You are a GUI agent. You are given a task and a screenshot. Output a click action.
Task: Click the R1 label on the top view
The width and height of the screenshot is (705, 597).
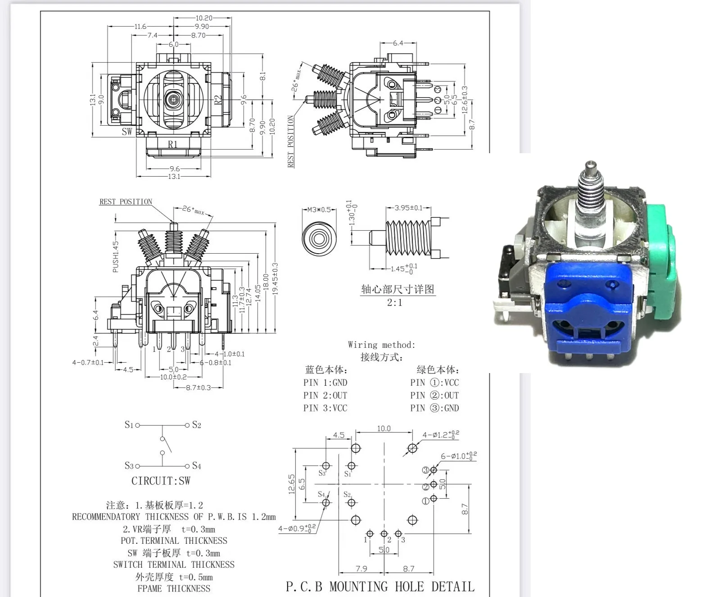[173, 145]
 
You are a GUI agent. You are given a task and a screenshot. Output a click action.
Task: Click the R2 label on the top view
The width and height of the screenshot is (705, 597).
[218, 100]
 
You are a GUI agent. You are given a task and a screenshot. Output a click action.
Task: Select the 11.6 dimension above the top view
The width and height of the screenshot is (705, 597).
[140, 27]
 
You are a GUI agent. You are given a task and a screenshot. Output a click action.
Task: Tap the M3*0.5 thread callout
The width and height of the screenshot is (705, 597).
[319, 210]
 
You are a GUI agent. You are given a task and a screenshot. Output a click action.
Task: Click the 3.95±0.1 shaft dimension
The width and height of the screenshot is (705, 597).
[408, 208]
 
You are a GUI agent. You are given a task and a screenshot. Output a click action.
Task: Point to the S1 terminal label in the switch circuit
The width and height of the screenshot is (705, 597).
[129, 425]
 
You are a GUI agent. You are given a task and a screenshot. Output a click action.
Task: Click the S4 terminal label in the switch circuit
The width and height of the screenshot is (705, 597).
[197, 465]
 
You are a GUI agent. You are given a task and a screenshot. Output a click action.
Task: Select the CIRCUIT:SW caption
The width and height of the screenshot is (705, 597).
[161, 481]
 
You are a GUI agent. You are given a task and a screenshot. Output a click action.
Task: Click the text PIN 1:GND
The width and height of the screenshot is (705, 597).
[325, 383]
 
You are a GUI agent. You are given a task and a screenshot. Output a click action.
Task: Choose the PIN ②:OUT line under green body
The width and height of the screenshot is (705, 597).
[434, 395]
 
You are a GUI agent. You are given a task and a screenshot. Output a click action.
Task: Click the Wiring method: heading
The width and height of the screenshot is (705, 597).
[381, 345]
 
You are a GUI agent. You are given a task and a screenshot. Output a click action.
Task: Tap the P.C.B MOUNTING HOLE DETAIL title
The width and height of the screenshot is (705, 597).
[380, 586]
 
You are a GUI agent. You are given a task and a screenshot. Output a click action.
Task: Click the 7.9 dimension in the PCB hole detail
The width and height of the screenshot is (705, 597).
[361, 569]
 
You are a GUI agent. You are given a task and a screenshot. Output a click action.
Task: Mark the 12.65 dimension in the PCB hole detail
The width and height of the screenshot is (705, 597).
[291, 484]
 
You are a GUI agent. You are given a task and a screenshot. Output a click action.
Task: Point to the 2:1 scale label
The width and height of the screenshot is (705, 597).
[394, 302]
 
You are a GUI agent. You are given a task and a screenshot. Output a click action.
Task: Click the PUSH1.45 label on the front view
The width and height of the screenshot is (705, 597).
[116, 256]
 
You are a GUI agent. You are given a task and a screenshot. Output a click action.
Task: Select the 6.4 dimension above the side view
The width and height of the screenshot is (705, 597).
[398, 43]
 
